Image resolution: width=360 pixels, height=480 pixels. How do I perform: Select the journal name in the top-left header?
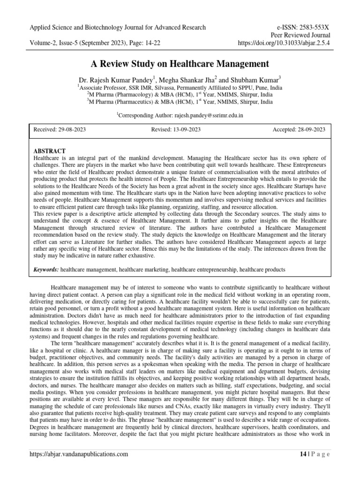117,27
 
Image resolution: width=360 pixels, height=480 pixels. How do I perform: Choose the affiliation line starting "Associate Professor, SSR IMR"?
180,87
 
